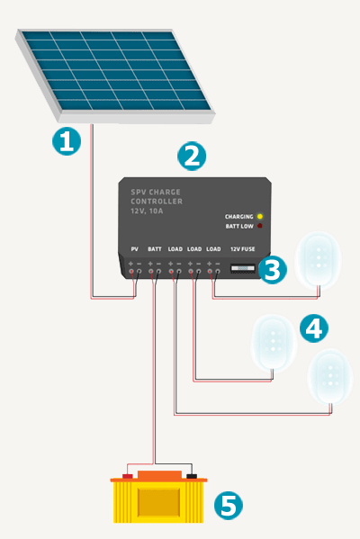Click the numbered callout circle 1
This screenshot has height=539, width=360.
pyautogui.click(x=67, y=141)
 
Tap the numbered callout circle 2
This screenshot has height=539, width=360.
pyautogui.click(x=192, y=156)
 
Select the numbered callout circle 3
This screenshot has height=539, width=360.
pyautogui.click(x=273, y=270)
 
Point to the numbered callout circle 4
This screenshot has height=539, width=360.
pyautogui.click(x=314, y=328)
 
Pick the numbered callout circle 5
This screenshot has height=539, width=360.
pyautogui.click(x=229, y=506)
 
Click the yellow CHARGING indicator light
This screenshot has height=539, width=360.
pyautogui.click(x=260, y=216)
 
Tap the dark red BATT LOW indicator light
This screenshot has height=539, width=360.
pyautogui.click(x=260, y=226)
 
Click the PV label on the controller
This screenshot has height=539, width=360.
pyautogui.click(x=135, y=249)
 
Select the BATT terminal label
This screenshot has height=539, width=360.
pyautogui.click(x=155, y=249)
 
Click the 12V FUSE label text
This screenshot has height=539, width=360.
pyautogui.click(x=243, y=249)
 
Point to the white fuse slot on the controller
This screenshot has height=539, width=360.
pyautogui.click(x=243, y=268)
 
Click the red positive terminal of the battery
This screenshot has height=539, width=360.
pyautogui.click(x=128, y=476)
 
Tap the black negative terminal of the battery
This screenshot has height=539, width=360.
pyautogui.click(x=192, y=476)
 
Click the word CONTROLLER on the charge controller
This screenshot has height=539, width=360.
pyautogui.click(x=157, y=202)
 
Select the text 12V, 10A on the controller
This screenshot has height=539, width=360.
pyautogui.click(x=147, y=211)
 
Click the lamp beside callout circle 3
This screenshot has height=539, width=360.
pyautogui.click(x=318, y=260)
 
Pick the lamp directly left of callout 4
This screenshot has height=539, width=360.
pyautogui.click(x=274, y=343)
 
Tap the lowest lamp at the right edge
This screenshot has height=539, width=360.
pyautogui.click(x=330, y=377)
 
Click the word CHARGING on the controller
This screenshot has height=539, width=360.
pyautogui.click(x=239, y=217)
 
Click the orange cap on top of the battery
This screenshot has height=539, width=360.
pyautogui.click(x=159, y=475)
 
